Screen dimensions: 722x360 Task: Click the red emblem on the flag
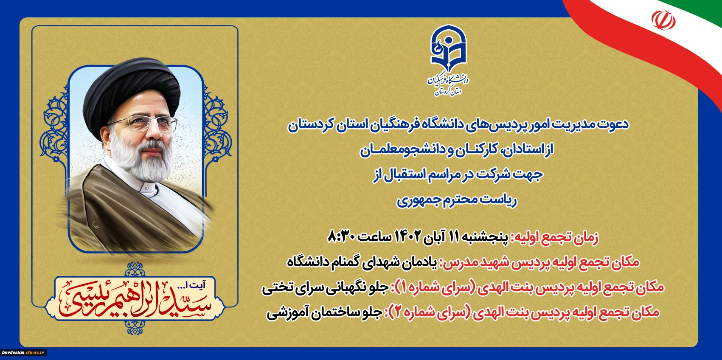(x=663, y=20)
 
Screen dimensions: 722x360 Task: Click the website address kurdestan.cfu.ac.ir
(x=23, y=352)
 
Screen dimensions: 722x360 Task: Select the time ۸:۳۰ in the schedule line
(x=341, y=237)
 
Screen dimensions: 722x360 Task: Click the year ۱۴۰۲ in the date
(x=408, y=237)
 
